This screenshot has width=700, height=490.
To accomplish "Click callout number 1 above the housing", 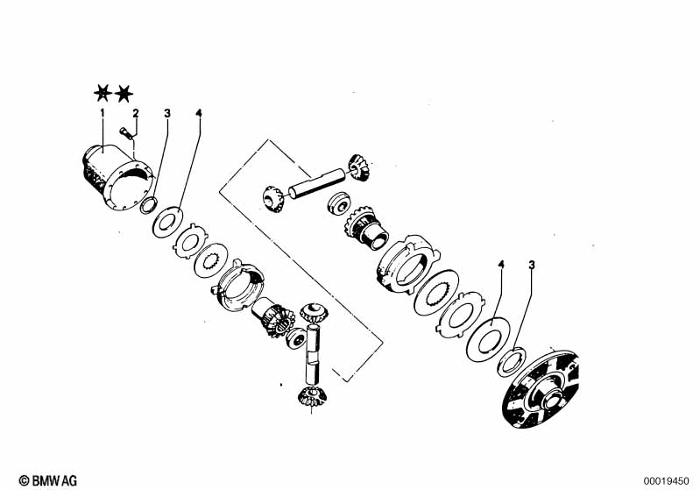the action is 103,112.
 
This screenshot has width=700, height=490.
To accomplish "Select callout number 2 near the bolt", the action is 135,113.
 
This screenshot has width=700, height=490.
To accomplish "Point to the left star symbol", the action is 103,93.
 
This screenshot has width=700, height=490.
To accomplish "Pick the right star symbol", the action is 124,94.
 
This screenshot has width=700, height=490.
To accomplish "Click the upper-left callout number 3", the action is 167,113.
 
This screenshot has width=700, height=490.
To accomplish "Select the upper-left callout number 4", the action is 199,113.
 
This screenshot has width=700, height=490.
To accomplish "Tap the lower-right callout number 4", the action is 501,265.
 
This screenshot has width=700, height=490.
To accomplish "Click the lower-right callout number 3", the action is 531,265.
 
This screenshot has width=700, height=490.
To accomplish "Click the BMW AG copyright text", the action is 48,480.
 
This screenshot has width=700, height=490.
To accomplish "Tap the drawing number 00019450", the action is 666,481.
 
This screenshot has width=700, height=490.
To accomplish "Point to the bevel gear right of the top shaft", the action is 357,167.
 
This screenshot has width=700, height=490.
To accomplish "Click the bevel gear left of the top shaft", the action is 272,198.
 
